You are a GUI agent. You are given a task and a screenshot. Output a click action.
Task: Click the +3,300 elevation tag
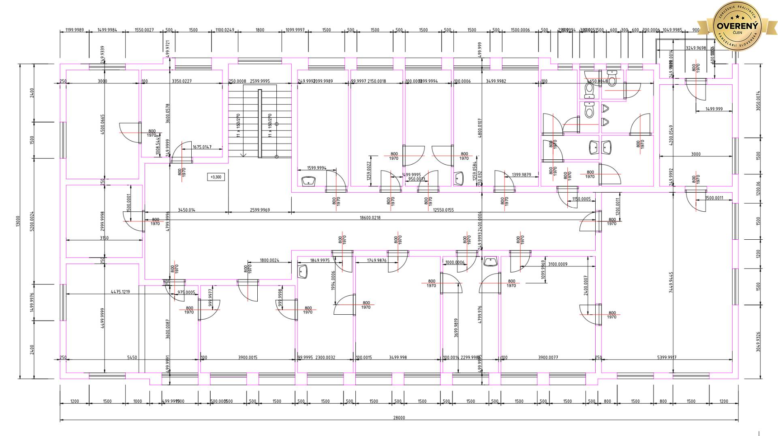pos(216,177)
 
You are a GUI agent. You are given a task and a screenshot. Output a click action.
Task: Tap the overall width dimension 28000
pos(399,418)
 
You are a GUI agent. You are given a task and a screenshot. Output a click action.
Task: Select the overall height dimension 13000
pos(18,221)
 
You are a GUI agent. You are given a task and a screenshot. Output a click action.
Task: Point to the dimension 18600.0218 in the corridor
pos(370,218)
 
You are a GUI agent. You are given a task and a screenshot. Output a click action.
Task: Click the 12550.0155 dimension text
pos(443,210)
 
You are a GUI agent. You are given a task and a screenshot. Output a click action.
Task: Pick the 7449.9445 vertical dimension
pos(671,283)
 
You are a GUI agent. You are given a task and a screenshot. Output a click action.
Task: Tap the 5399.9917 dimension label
pos(666,358)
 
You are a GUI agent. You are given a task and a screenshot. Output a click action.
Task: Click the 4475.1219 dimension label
pos(120,292)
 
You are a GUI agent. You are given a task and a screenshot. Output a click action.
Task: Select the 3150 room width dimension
pos(104,238)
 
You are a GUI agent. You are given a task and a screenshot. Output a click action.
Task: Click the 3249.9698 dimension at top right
pos(696,48)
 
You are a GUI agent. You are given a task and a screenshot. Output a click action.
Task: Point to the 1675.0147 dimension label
pos(202,147)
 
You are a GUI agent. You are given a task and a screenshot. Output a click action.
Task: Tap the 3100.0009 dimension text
pos(558,264)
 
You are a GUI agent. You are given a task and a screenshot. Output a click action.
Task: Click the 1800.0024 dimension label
pos(269,260)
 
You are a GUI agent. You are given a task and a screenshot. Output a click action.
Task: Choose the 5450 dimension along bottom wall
pos(132,358)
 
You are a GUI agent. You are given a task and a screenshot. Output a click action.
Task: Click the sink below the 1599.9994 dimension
pos(309,181)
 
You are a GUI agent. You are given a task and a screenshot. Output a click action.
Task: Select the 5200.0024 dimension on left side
pos(32,221)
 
